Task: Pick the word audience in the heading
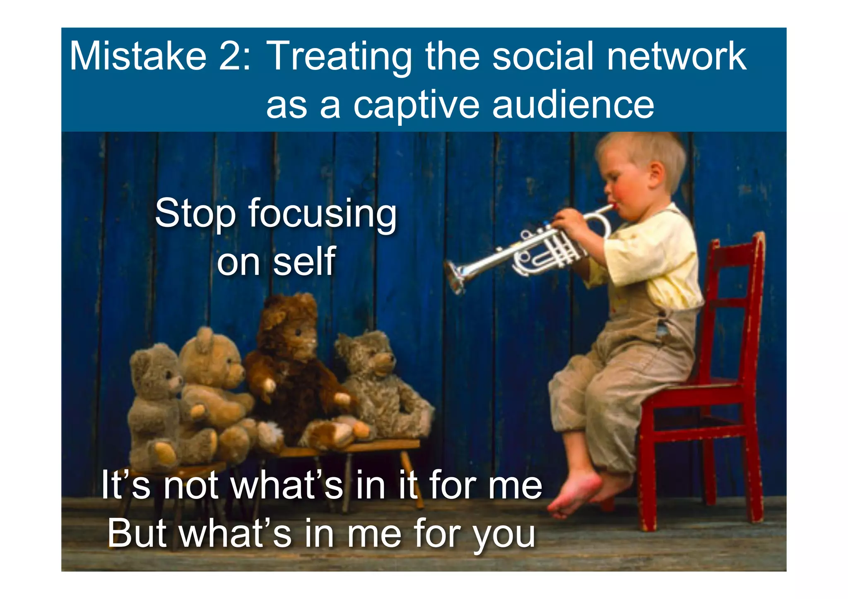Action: pyautogui.click(x=573, y=105)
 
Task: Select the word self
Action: pyautogui.click(x=304, y=261)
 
